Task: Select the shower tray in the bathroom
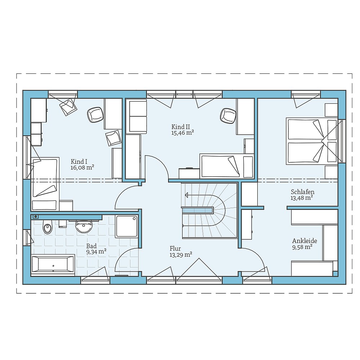point(126,226)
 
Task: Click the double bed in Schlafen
point(311,141)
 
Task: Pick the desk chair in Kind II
point(228,116)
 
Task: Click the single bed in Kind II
point(227,166)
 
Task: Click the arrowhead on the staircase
point(186,195)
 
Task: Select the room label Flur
point(175,248)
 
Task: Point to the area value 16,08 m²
point(82,168)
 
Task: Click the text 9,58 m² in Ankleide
point(302,247)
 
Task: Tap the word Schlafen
point(303,192)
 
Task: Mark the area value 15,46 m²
point(183,133)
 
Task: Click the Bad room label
point(91,246)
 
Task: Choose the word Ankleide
point(305,241)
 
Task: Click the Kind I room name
point(79,161)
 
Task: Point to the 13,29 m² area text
point(181,255)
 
